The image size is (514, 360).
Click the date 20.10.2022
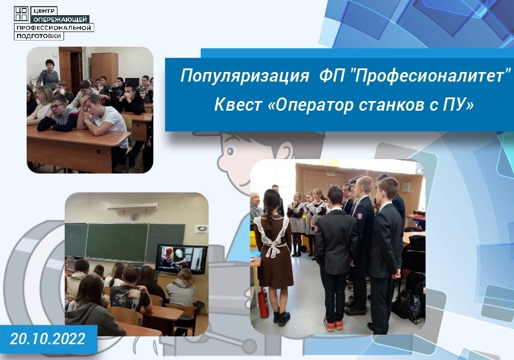[48, 339]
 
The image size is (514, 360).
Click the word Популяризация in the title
[244, 76]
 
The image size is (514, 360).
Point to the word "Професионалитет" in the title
[428, 75]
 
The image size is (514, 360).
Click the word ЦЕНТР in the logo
[44, 11]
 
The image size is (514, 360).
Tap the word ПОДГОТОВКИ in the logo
[39, 36]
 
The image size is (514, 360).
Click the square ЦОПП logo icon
[21, 14]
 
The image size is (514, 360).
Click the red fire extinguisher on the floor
[263, 304]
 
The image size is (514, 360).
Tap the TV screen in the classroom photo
[181, 260]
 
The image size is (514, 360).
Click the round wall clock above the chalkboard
[134, 217]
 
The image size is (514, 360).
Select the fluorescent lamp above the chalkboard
[132, 206]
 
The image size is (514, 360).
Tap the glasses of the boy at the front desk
[57, 106]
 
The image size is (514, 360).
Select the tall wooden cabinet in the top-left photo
[105, 68]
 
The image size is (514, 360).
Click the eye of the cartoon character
[231, 151]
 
